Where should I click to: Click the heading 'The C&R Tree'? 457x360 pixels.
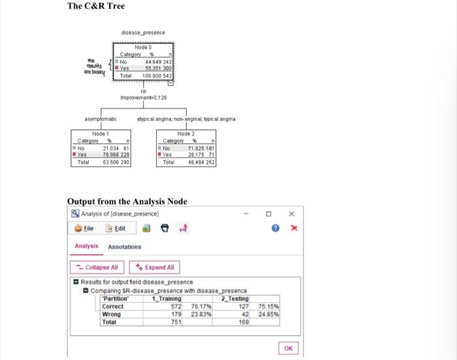[96, 7]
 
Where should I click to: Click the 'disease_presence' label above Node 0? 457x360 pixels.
[143, 32]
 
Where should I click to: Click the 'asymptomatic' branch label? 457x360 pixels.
[101, 119]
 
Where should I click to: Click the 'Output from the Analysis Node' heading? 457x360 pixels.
[127, 201]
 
